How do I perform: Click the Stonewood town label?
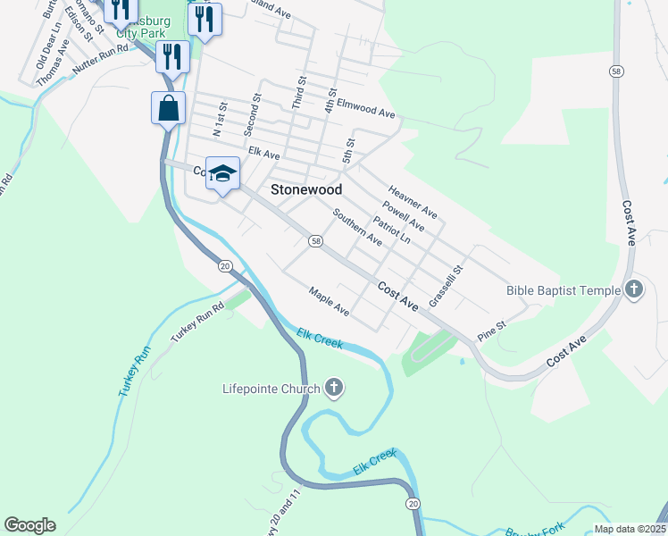click(x=306, y=189)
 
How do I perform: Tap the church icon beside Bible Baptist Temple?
click(x=634, y=289)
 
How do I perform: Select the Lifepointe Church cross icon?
click(x=334, y=389)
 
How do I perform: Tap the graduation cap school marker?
click(x=222, y=173)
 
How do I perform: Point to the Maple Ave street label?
click(x=329, y=301)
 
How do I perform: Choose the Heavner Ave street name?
click(x=412, y=201)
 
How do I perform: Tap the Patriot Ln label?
click(x=392, y=230)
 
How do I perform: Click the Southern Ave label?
click(x=357, y=228)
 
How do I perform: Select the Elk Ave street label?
click(x=265, y=153)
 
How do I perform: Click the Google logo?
click(x=29, y=525)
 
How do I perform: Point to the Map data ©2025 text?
click(x=628, y=529)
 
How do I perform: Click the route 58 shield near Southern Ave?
click(x=315, y=241)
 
